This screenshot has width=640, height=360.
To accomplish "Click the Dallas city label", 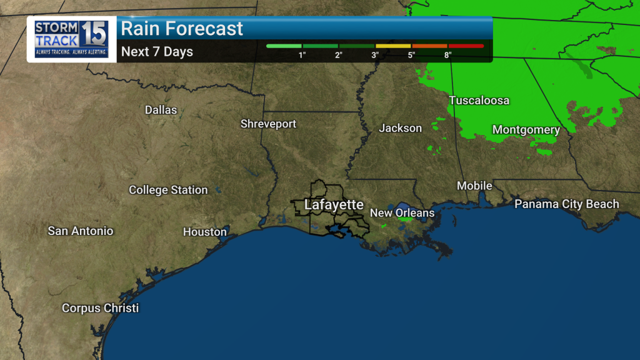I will coord(161,110).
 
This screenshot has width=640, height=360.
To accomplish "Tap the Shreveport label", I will coord(268,124).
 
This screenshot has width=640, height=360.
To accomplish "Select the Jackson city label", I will coord(400,128).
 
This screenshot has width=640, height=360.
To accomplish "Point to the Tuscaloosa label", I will coord(479,101).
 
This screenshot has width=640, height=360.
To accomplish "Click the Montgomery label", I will coord(526,130).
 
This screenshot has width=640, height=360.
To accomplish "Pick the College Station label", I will coord(168,190).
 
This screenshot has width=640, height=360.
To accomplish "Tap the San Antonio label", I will coord(81,231).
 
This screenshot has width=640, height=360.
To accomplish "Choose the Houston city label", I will coord(204,232).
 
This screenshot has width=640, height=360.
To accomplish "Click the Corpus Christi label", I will coord(100,308).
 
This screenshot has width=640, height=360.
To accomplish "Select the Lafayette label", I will coord(333,205).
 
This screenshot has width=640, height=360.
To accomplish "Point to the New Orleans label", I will coord(402,213).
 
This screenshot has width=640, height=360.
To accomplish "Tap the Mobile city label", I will coord(474,186).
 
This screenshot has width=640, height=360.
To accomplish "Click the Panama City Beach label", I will coord(566,204).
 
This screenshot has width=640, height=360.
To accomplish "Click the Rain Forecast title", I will coord(181,29).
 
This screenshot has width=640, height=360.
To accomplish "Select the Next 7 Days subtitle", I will coord(157,52).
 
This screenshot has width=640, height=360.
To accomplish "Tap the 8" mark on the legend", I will coord(447,55).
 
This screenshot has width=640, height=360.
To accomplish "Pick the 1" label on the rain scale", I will coord(302,55).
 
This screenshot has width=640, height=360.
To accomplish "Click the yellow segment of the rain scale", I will coord(393,46).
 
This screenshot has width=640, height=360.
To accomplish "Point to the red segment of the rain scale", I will coord(466,46).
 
